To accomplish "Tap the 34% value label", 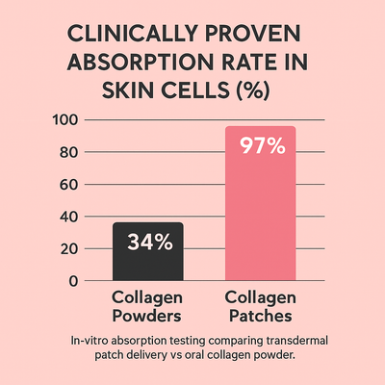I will pyautogui.click(x=148, y=243).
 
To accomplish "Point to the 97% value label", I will pyautogui.click(x=260, y=147).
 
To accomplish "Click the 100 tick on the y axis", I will pyautogui.click(x=64, y=120).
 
